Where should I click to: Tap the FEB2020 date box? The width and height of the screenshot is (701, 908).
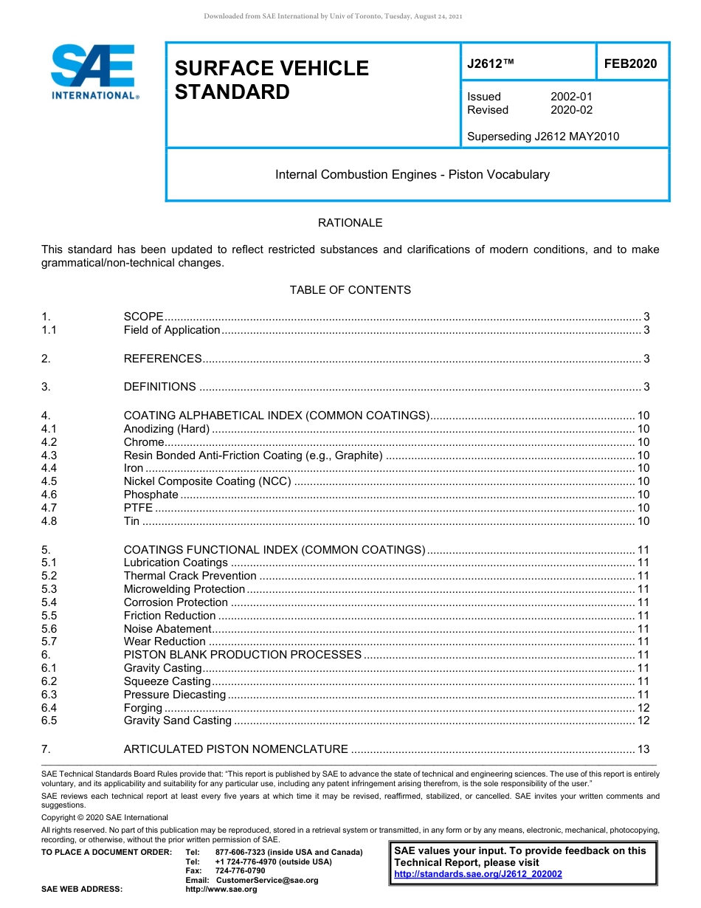(630, 64)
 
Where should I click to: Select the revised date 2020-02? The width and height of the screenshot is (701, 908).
(571, 110)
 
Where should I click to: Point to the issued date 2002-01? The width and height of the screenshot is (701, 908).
(571, 97)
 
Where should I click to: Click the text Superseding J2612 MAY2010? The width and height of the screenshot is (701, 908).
(543, 136)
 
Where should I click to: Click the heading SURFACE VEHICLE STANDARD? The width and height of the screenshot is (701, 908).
(271, 80)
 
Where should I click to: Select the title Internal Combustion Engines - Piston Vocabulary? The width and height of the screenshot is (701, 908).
(412, 175)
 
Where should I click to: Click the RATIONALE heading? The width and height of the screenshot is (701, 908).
(350, 223)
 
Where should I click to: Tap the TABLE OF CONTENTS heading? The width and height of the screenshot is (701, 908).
(350, 290)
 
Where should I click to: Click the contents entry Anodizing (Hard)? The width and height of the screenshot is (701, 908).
(167, 429)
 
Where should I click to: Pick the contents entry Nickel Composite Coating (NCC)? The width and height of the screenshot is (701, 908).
(207, 481)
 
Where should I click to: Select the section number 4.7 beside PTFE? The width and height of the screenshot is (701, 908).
(49, 508)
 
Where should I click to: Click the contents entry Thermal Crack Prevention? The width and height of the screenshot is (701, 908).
(190, 576)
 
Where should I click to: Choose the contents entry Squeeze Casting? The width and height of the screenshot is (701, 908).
(167, 681)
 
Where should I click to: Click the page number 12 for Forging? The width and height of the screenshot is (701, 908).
(643, 708)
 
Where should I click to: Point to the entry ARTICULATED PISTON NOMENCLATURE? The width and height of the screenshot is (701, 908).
(235, 749)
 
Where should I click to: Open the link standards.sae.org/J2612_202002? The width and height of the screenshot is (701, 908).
(478, 874)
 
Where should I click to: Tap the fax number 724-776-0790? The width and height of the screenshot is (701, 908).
(240, 871)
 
